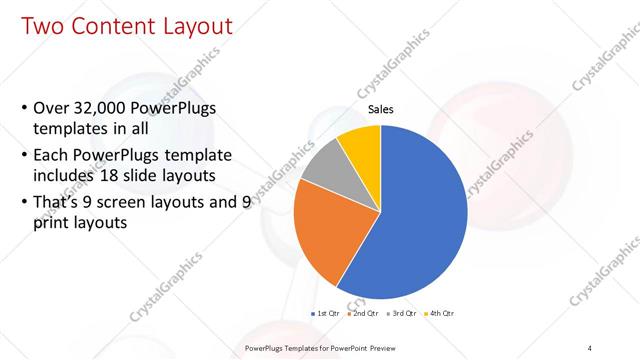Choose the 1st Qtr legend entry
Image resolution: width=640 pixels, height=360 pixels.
[329, 314]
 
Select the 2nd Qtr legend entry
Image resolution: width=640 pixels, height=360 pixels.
[365, 314]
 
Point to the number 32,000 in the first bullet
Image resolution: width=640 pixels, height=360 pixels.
[107, 107]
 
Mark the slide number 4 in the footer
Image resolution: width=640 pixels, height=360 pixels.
[590, 348]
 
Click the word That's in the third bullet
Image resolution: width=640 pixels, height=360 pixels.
[59, 202]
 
